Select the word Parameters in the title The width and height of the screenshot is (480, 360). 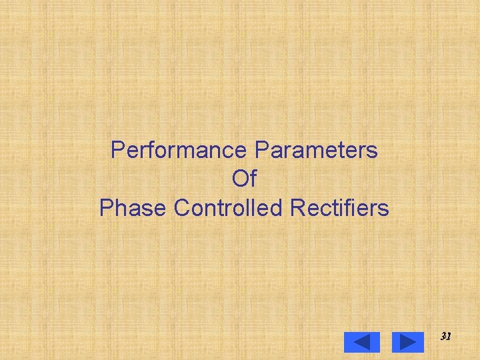[316, 150]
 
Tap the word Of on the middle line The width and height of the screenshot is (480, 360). [244, 179]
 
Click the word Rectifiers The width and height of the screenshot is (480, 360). [339, 209]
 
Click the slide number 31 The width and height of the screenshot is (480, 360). [446, 337]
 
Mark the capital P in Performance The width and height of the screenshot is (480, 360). [117, 150]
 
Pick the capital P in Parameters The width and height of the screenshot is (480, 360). [261, 150]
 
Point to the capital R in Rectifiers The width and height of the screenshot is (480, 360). [297, 209]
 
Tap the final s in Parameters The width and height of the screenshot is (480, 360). [373, 151]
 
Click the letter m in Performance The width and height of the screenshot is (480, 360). [191, 151]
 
